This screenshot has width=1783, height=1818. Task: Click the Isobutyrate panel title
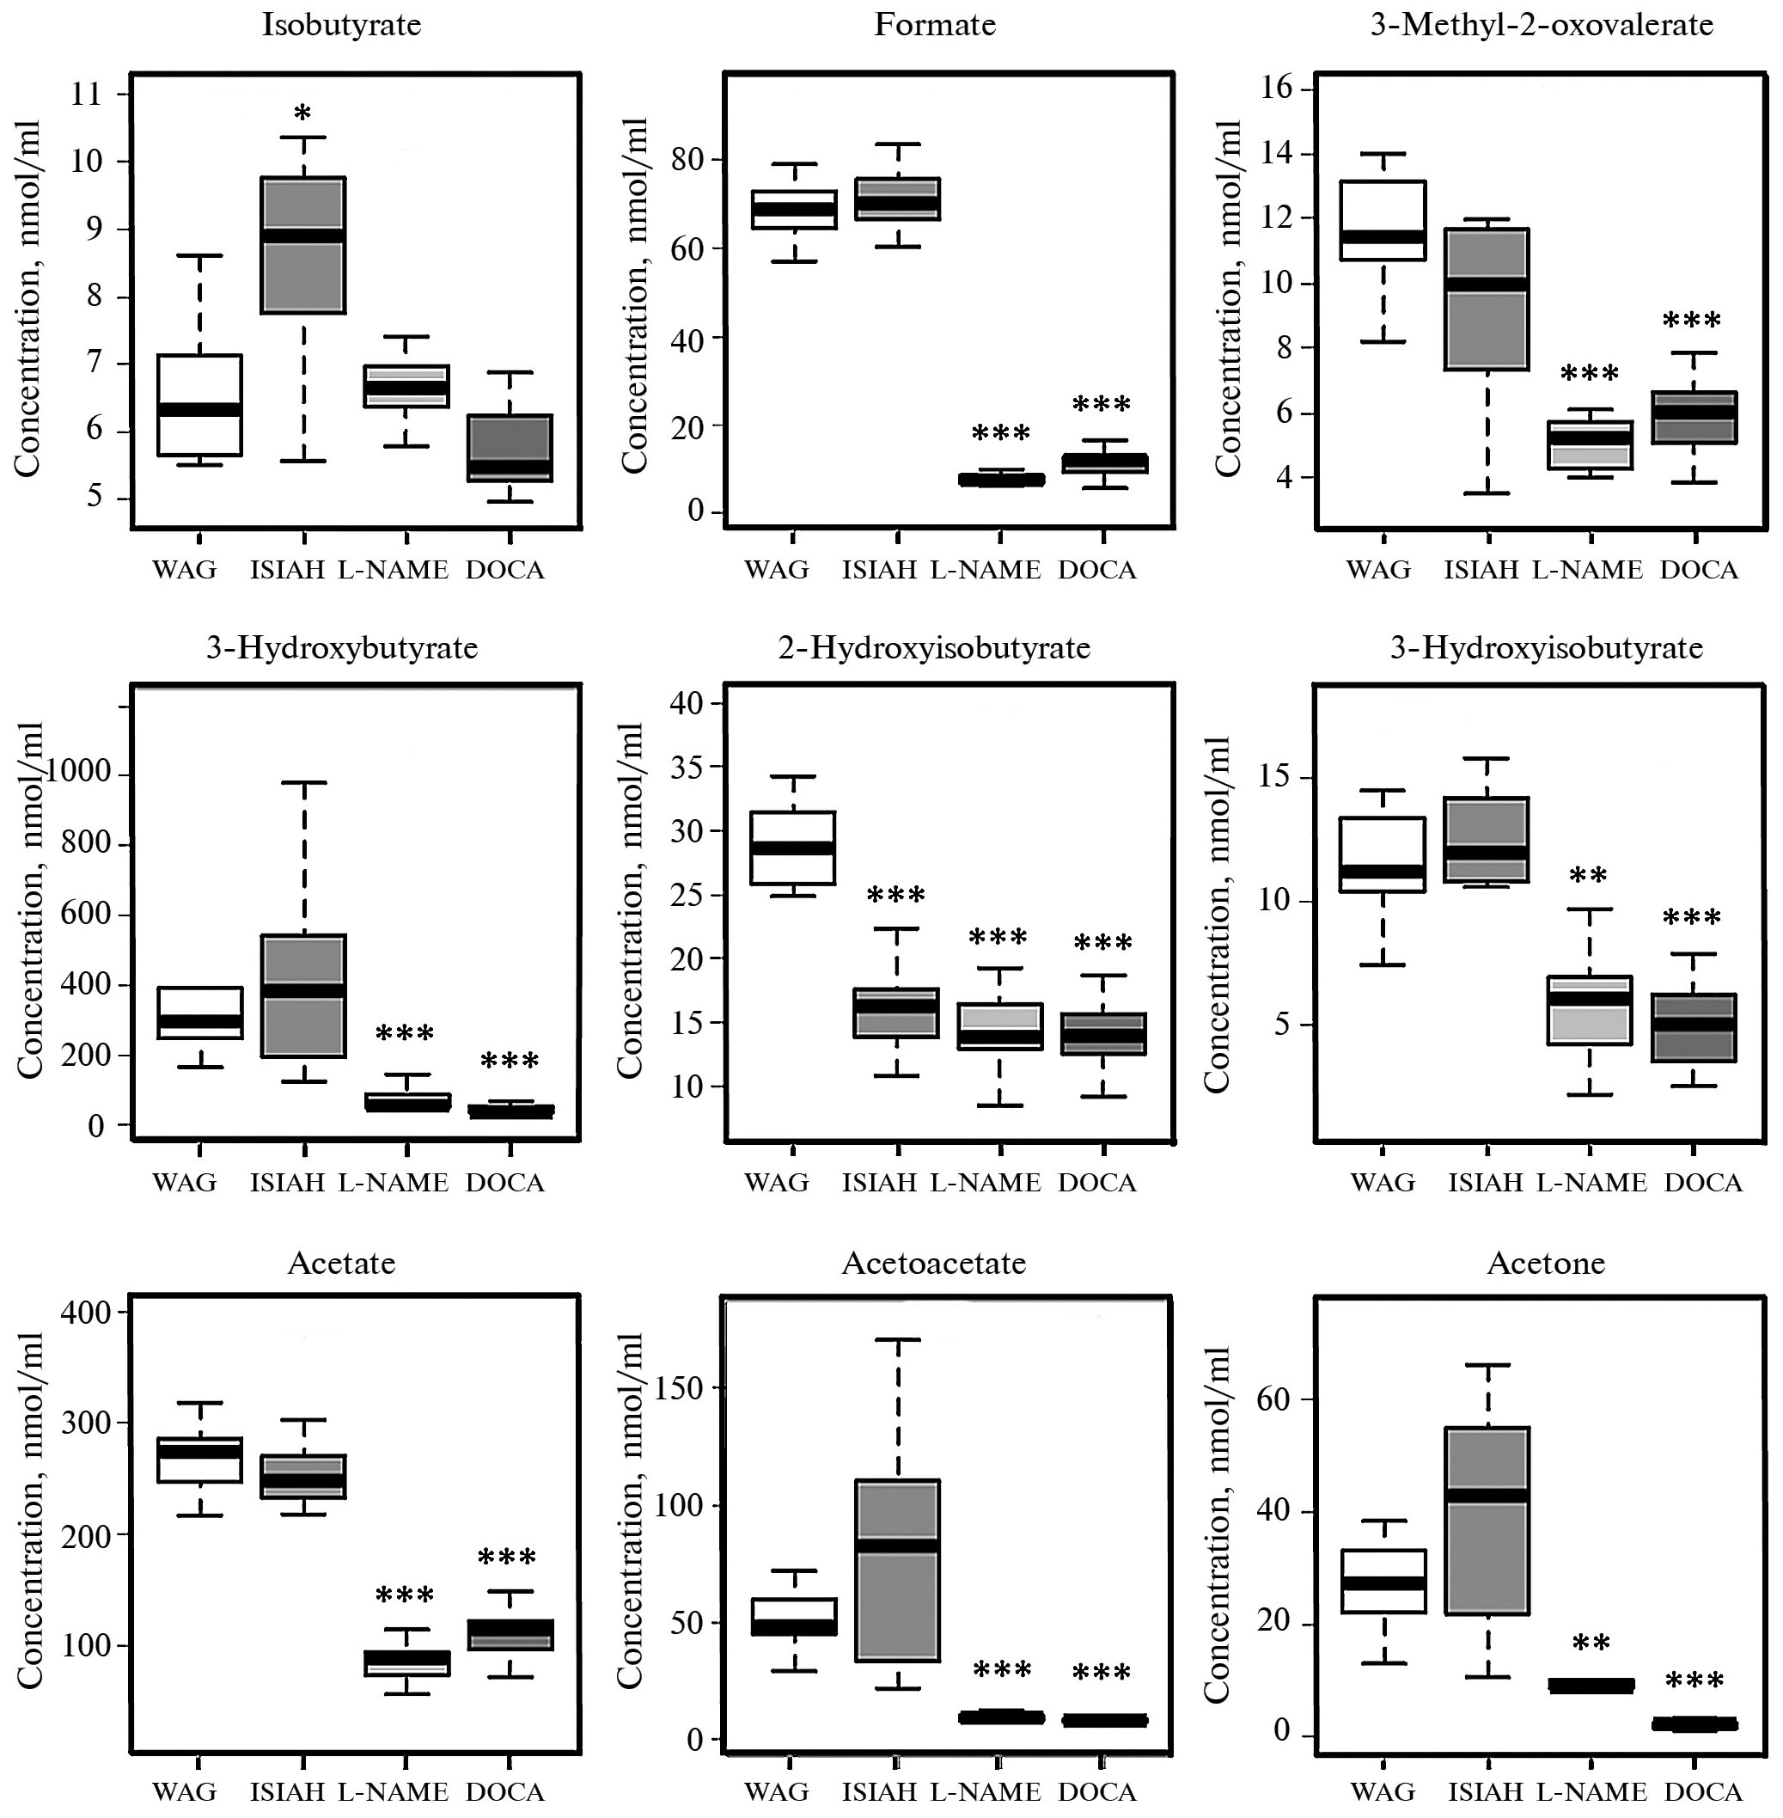[x=342, y=24]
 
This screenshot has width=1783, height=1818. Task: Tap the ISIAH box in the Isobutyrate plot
[x=303, y=244]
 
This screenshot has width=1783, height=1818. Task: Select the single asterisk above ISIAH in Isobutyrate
[x=302, y=114]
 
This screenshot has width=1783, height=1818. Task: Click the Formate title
[x=935, y=24]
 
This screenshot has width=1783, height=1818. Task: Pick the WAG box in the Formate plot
[x=794, y=210]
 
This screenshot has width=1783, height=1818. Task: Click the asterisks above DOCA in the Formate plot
[x=1102, y=406]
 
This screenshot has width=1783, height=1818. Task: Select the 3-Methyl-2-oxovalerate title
[x=1542, y=24]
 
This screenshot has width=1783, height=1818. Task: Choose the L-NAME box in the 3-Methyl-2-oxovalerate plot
[x=1590, y=445]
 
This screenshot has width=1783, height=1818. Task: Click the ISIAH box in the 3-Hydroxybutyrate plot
[x=303, y=995]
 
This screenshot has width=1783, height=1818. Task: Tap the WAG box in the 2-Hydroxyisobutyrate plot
[x=794, y=848]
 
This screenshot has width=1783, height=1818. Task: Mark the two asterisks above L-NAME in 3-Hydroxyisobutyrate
[x=1588, y=877]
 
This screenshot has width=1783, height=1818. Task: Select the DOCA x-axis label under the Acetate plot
[x=504, y=1791]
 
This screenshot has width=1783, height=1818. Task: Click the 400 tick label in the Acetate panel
[x=86, y=1313]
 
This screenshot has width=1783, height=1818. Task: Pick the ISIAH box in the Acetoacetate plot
[x=897, y=1570]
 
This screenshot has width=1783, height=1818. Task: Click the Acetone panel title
[x=1546, y=1264]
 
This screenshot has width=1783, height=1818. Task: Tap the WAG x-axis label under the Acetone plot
[x=1383, y=1791]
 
